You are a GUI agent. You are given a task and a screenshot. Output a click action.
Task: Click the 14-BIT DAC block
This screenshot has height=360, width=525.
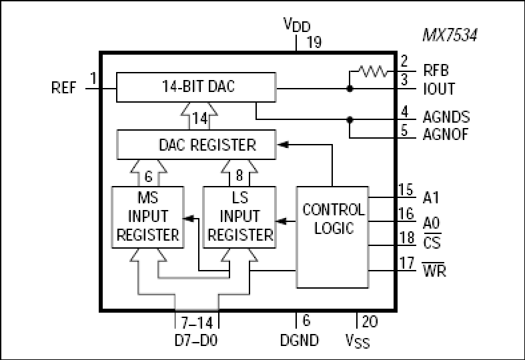pyautogui.click(x=196, y=87)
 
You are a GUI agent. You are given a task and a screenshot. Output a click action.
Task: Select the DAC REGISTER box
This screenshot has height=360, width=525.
pyautogui.click(x=196, y=145)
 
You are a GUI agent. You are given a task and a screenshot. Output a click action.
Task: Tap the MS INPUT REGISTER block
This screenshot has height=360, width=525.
pyautogui.click(x=147, y=217)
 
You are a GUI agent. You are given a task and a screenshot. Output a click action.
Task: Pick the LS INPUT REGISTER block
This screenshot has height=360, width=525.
pyautogui.click(x=239, y=217)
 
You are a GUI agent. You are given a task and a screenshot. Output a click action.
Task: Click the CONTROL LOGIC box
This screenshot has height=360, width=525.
pyautogui.click(x=333, y=237)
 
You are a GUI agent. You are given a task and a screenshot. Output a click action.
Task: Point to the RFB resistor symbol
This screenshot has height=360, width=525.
pyautogui.click(x=373, y=71)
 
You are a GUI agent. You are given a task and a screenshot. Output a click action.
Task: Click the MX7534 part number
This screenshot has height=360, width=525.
pyautogui.click(x=450, y=35)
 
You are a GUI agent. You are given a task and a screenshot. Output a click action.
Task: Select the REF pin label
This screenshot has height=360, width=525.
pyautogui.click(x=63, y=88)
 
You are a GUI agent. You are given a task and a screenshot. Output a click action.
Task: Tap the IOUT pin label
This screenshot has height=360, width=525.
pyautogui.click(x=439, y=89)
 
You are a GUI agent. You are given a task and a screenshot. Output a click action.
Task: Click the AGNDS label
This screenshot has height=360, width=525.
pyautogui.click(x=446, y=117)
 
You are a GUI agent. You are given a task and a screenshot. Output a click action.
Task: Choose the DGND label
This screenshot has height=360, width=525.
pyautogui.click(x=300, y=340)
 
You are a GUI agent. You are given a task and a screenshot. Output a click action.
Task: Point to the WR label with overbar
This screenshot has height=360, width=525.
pyautogui.click(x=434, y=269)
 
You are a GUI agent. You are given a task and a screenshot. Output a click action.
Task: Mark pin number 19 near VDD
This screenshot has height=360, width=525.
pyautogui.click(x=314, y=42)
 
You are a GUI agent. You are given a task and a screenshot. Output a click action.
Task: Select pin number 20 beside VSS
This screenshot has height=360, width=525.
pyautogui.click(x=370, y=321)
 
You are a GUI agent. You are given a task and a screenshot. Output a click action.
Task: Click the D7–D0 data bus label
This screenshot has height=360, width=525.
pyautogui.click(x=196, y=340)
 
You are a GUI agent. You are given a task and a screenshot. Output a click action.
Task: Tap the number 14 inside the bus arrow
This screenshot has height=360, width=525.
pyautogui.click(x=199, y=119)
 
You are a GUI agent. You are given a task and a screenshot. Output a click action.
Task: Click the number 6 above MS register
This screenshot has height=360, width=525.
pyautogui.click(x=148, y=176)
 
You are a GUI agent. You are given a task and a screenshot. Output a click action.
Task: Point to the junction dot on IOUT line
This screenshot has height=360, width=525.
pyautogui.click(x=350, y=89)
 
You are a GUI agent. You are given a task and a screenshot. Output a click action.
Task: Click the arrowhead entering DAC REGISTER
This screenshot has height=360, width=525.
pyautogui.click(x=283, y=145)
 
